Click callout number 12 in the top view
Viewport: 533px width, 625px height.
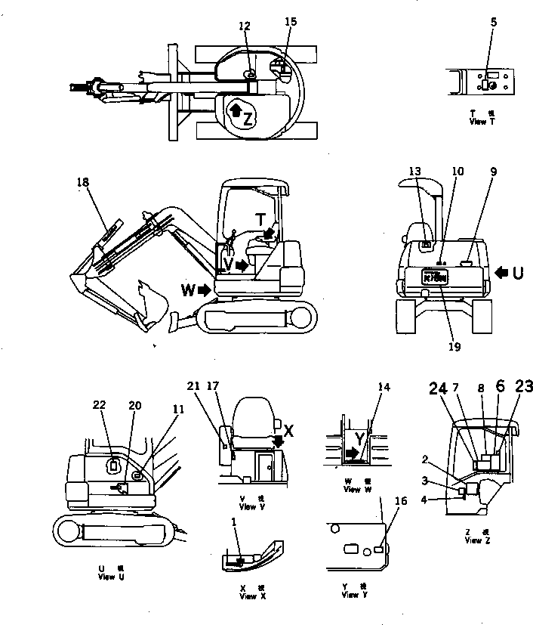(x=245, y=26)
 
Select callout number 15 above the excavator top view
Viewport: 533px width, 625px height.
(x=291, y=22)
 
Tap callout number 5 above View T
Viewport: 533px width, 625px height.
(x=493, y=23)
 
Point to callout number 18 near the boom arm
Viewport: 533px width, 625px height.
(x=83, y=182)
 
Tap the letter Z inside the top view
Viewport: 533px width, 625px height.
(x=248, y=117)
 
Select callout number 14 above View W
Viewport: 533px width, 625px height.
(x=384, y=387)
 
